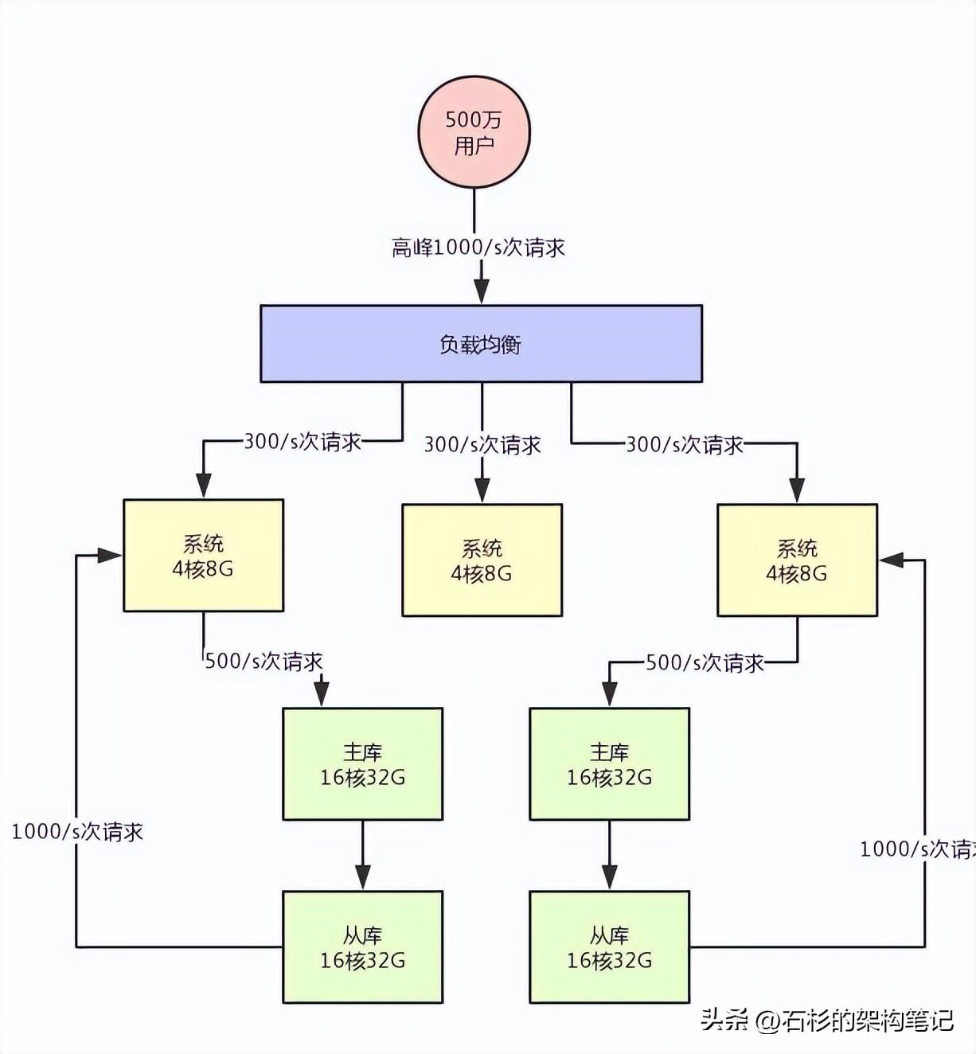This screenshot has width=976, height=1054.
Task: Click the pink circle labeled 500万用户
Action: point(474,131)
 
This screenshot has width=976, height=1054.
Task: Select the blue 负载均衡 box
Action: point(482,343)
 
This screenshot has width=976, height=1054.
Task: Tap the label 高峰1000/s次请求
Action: point(478,248)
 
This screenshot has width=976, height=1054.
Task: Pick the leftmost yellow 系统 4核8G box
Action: point(203,555)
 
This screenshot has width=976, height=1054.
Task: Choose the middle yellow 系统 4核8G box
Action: point(482,560)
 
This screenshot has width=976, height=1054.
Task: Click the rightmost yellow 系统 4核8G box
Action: point(797,560)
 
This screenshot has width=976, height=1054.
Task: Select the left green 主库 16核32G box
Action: point(362,763)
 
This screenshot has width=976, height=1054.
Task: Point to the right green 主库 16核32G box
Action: point(609,763)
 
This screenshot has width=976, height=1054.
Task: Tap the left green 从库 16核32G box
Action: point(362,947)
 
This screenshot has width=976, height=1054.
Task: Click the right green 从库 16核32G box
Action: point(609,947)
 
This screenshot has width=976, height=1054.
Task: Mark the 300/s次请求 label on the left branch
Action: point(303,442)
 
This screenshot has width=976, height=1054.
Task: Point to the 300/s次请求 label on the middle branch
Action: point(482,444)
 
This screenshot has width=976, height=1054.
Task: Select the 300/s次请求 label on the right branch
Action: point(685,444)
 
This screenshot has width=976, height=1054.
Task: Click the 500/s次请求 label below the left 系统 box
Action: point(264,662)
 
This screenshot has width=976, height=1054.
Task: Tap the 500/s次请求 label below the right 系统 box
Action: point(705,663)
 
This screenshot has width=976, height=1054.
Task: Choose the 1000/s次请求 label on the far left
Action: point(77,831)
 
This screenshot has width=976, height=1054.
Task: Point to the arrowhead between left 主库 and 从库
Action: point(362,877)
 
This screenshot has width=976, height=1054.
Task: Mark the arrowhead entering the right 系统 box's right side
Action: point(892,560)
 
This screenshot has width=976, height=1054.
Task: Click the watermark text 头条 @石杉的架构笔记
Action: point(827,1020)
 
